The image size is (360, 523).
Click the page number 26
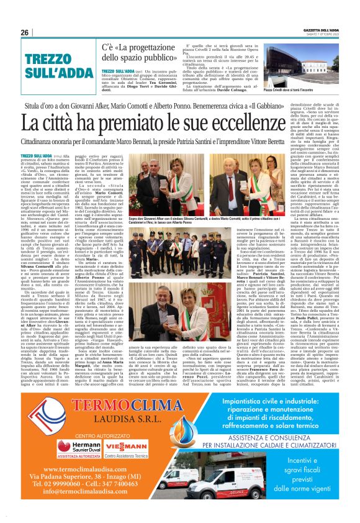coord(25,32)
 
